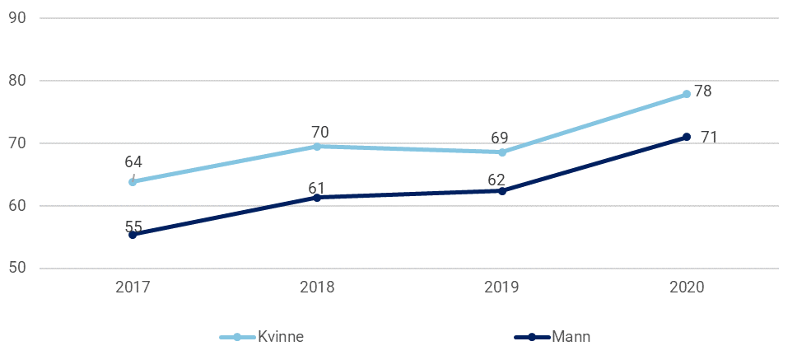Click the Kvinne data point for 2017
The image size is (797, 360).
click(x=133, y=181)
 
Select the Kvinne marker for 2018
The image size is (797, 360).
click(x=317, y=146)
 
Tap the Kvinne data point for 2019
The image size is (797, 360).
click(x=501, y=152)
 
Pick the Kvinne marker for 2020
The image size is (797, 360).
click(x=686, y=95)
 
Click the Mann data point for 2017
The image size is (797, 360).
click(x=133, y=235)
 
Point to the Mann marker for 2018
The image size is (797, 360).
click(x=317, y=198)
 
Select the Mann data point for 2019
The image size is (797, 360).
click(x=501, y=190)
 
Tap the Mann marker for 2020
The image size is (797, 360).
click(x=686, y=137)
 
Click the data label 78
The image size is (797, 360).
click(x=702, y=91)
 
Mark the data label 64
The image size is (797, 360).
click(x=133, y=161)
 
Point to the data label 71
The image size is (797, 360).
click(x=709, y=137)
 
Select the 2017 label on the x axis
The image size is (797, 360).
click(x=133, y=288)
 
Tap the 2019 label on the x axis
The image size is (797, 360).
click(x=501, y=288)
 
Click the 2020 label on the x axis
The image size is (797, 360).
click(x=686, y=288)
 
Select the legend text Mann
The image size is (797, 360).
click(x=571, y=337)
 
